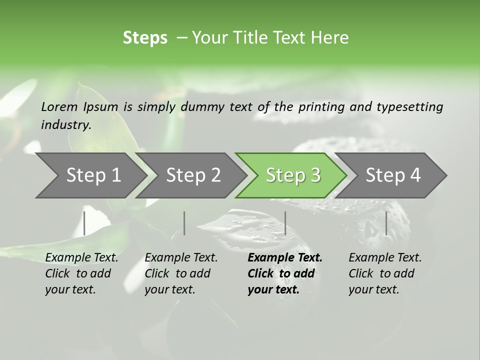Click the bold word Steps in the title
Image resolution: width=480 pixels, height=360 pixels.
[x=145, y=38]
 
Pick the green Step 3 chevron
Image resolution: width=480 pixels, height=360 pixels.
[x=293, y=175]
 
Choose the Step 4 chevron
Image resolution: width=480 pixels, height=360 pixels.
[x=393, y=175]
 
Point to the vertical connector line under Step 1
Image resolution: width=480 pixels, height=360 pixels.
[x=84, y=223]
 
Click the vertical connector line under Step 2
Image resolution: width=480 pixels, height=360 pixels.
[x=184, y=223]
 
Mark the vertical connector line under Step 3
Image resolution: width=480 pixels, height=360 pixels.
[x=285, y=223]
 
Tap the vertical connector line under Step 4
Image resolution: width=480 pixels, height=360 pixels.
[x=386, y=223]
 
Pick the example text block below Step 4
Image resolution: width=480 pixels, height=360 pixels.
[x=385, y=273]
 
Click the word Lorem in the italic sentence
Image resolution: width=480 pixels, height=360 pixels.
[x=59, y=106]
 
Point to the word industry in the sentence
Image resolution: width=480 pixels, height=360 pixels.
[x=65, y=125]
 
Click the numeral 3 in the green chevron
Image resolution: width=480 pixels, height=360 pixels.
[x=315, y=175]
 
